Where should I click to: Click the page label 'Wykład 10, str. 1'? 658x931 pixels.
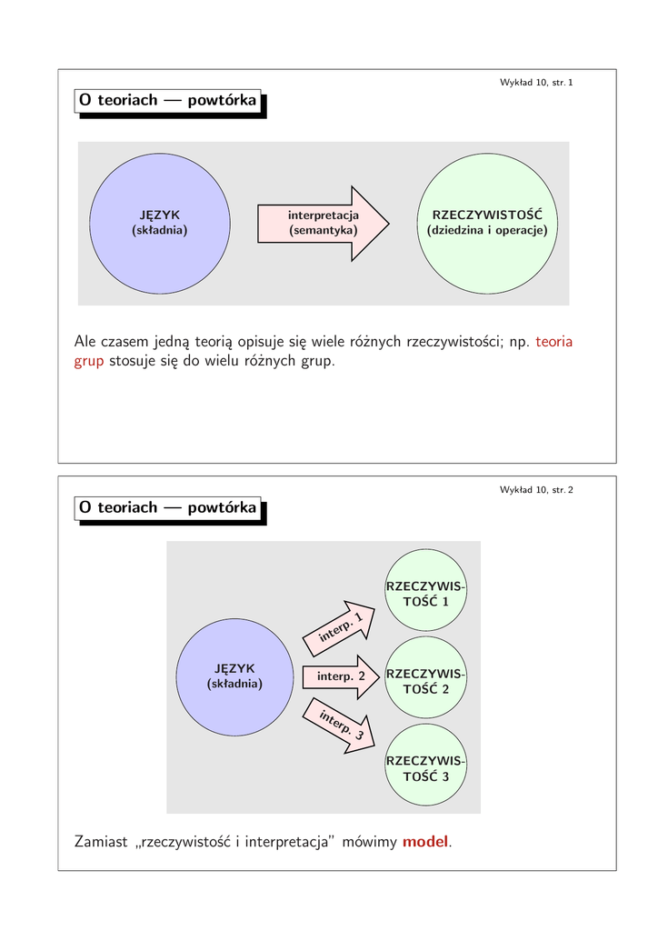pos(536,83)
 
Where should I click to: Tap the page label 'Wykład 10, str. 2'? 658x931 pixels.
pos(536,490)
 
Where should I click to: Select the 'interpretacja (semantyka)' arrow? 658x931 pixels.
pos(324,223)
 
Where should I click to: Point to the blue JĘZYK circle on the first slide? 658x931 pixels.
pos(159,223)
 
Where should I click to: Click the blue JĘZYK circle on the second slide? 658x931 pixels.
pos(234,676)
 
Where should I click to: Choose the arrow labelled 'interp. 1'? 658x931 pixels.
pos(341,628)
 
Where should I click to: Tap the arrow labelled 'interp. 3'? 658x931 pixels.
pos(341,725)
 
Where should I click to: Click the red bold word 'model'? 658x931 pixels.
pos(425,842)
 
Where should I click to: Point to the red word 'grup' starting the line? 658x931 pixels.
pos(89,362)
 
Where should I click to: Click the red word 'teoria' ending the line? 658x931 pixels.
pos(554,342)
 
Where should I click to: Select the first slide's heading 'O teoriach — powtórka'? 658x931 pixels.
pos(167,101)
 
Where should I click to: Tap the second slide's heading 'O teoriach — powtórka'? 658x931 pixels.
pos(167,507)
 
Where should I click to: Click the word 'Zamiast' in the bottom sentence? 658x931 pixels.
pos(102,842)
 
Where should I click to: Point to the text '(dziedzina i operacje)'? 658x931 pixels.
pos(487,231)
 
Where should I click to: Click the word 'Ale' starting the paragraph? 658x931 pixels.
pos(87,342)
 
